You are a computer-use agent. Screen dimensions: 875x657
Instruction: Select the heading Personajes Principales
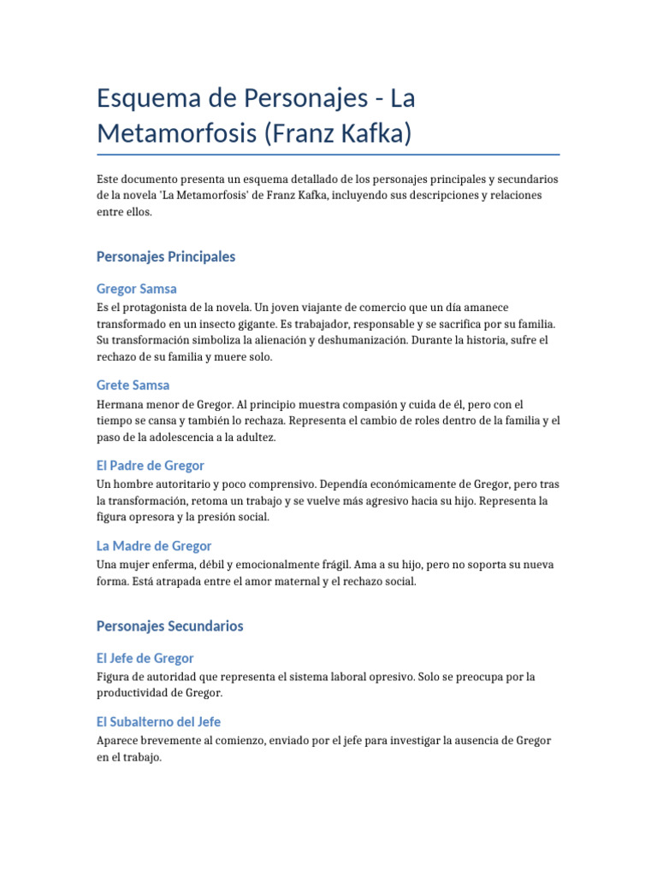(x=166, y=256)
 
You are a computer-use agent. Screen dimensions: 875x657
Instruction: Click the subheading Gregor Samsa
(x=137, y=289)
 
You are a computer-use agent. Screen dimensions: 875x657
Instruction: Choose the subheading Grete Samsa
(x=133, y=385)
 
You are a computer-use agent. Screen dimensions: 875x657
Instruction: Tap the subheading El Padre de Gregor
(x=151, y=466)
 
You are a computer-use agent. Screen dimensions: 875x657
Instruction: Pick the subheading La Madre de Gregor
(x=154, y=546)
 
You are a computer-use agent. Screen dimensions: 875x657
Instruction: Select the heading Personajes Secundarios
(x=170, y=626)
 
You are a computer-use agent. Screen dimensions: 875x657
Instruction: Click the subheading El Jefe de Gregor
(x=145, y=658)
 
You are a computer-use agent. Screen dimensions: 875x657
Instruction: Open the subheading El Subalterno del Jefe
(x=159, y=722)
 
